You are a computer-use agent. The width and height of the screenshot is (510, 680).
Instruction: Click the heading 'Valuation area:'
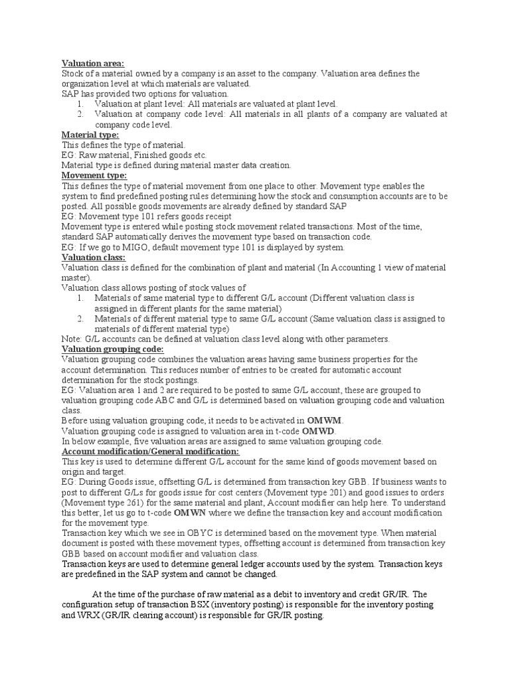point(93,63)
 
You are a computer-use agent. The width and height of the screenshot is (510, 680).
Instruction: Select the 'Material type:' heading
point(90,135)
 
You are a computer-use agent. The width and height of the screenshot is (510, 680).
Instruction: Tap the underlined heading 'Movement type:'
point(94,175)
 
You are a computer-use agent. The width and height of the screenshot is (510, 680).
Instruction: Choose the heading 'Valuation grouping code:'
point(112,349)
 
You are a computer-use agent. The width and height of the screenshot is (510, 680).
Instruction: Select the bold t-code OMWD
point(319,431)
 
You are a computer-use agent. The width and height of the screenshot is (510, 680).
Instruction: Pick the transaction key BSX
point(212,605)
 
